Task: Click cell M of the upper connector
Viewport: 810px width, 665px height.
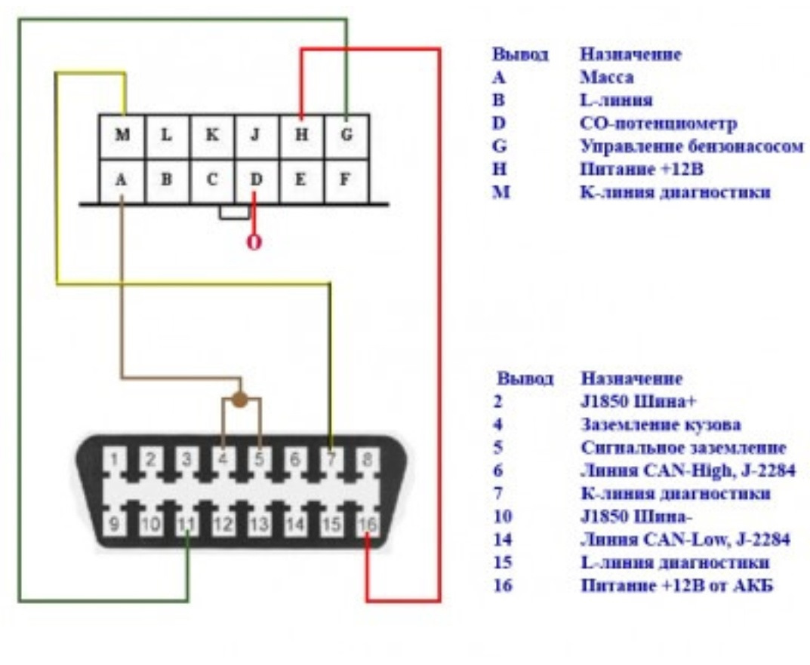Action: click(x=122, y=136)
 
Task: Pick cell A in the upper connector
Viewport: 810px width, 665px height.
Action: click(x=122, y=181)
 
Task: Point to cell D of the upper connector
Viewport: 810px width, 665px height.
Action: click(x=257, y=181)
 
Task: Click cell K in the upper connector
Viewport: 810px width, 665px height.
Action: click(x=212, y=136)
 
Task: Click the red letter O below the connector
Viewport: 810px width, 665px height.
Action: click(x=255, y=243)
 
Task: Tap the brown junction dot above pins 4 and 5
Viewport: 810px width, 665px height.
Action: click(x=240, y=400)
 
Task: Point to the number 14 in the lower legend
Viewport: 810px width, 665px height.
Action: click(x=502, y=540)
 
